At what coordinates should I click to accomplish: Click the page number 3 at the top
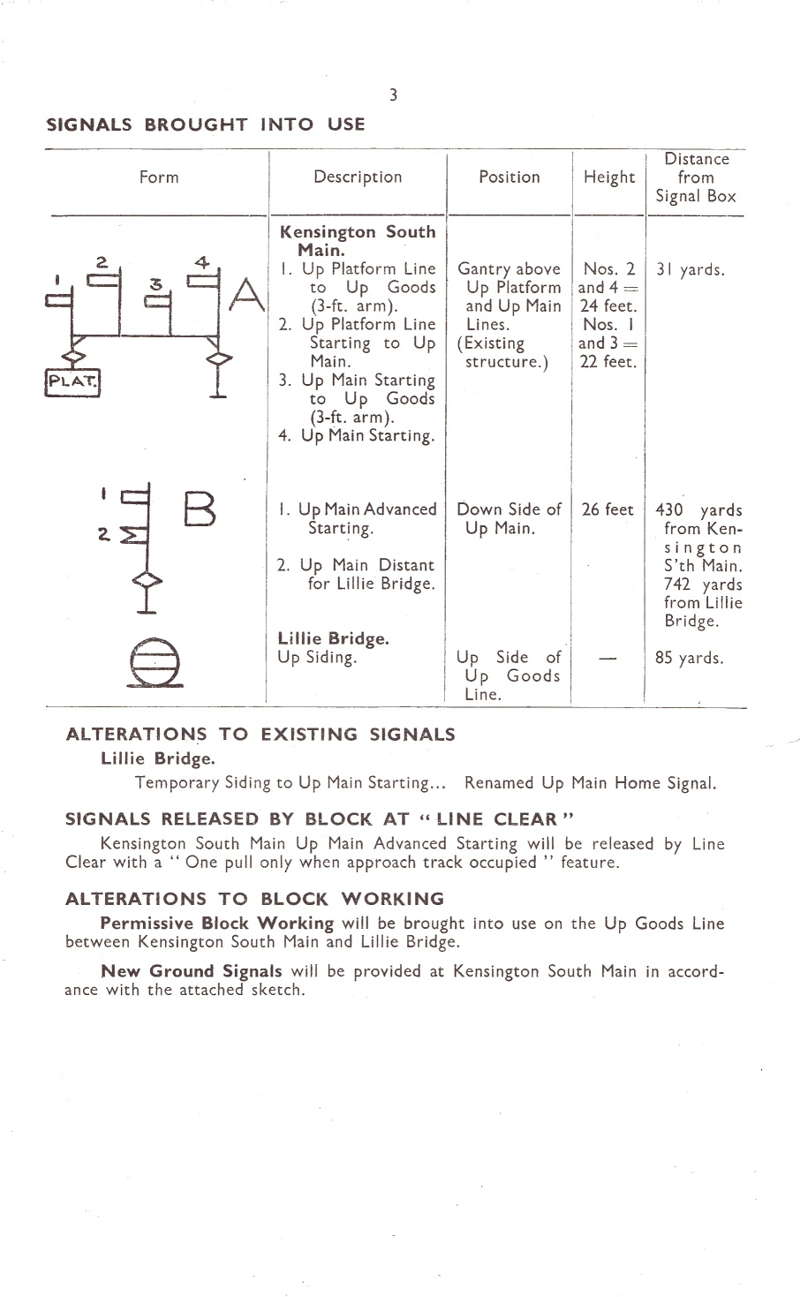pyautogui.click(x=393, y=94)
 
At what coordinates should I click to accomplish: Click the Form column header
pyautogui.click(x=159, y=177)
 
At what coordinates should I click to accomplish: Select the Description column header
pyautogui.click(x=358, y=177)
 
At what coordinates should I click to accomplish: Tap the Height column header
pyautogui.click(x=609, y=177)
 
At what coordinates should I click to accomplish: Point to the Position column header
pyautogui.click(x=509, y=177)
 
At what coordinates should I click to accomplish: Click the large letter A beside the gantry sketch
pyautogui.click(x=247, y=294)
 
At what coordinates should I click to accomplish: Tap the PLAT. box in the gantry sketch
pyautogui.click(x=72, y=382)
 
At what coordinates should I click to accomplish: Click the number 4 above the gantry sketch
pyautogui.click(x=201, y=262)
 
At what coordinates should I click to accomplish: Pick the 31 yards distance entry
pyautogui.click(x=690, y=270)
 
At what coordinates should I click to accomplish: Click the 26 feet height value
pyautogui.click(x=608, y=509)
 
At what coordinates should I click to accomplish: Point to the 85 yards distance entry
pyautogui.click(x=690, y=658)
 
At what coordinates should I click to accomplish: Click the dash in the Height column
pyautogui.click(x=608, y=658)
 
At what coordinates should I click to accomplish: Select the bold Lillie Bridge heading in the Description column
pyautogui.click(x=334, y=638)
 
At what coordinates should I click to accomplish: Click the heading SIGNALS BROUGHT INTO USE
pyautogui.click(x=206, y=124)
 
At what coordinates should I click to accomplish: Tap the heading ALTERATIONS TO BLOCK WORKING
pyautogui.click(x=254, y=899)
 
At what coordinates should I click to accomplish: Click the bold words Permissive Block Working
pyautogui.click(x=217, y=923)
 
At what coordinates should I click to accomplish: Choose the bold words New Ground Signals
pyautogui.click(x=192, y=971)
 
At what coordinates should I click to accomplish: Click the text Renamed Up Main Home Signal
pyautogui.click(x=591, y=783)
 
